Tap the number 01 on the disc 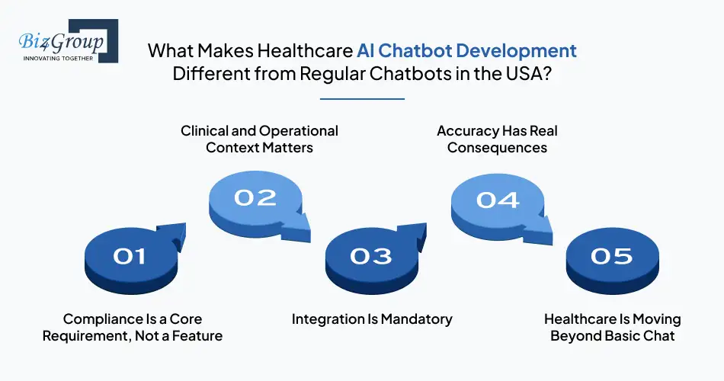pyautogui.click(x=129, y=257)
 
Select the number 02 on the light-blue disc pyautogui.click(x=255, y=197)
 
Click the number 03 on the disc pyautogui.click(x=370, y=257)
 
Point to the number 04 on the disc pyautogui.click(x=497, y=200)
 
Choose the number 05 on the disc pyautogui.click(x=611, y=256)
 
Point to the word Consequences pyautogui.click(x=497, y=148)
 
